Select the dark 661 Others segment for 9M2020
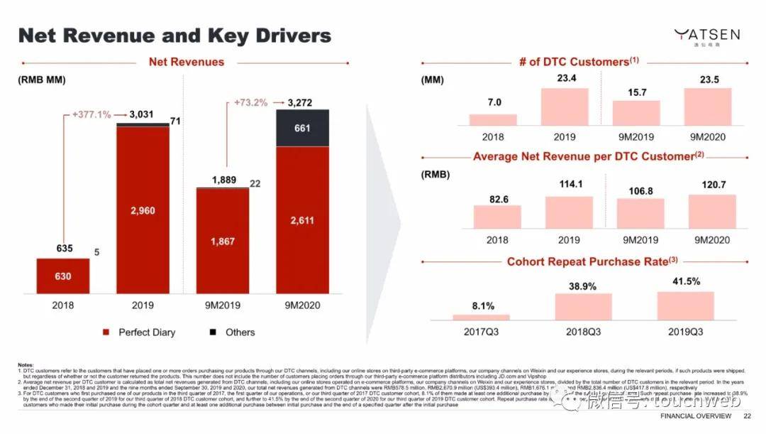pos(303,128)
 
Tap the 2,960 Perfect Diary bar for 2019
pos(143,210)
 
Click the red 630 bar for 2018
pos(63,276)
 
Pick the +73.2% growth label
pos(251,102)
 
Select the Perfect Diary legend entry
pos(139,332)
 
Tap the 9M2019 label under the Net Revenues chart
pos(223,307)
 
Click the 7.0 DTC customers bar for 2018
pos(494,119)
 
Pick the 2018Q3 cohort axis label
pos(583,332)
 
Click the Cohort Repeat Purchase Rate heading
pos(588,262)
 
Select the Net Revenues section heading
pos(186,63)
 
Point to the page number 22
pos(747,416)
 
